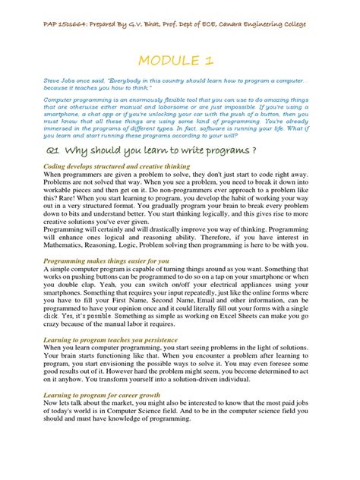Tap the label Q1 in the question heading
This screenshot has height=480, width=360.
click(x=52, y=150)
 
